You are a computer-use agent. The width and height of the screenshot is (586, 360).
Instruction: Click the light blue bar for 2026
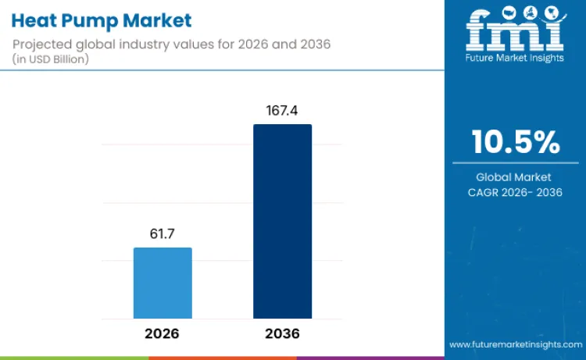163,283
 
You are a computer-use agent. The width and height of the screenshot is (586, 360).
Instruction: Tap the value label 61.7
163,233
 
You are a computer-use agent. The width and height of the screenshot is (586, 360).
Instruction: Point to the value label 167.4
282,111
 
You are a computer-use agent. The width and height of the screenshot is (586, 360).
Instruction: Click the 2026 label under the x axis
163,333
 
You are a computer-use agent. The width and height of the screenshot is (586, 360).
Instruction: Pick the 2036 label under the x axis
282,333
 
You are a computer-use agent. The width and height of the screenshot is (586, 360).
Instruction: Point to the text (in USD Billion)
52,59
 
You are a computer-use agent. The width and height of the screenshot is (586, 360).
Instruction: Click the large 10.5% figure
515,143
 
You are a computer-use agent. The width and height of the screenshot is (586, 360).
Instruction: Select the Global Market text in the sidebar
515,177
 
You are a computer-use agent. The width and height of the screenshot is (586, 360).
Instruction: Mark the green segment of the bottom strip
74,358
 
